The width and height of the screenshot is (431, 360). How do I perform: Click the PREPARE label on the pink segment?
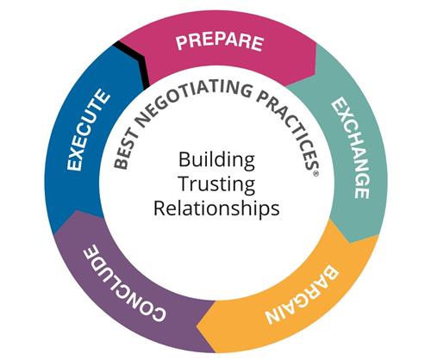coord(220,42)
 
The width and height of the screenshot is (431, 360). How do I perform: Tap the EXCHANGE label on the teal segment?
coord(351,148)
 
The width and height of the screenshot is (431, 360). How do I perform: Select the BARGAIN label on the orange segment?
coord(302,295)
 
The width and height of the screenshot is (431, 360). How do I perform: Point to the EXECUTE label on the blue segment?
coord(88,130)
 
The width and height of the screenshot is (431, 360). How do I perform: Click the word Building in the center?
coord(216,160)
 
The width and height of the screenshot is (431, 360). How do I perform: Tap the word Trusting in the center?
coord(217,184)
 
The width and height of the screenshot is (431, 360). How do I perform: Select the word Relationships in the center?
coord(216,208)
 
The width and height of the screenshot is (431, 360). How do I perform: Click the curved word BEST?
coord(124,151)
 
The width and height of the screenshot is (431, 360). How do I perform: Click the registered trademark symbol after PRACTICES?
coord(315,174)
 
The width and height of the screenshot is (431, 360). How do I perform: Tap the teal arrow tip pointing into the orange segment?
coord(351,242)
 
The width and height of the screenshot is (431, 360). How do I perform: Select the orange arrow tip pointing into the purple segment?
coord(197,326)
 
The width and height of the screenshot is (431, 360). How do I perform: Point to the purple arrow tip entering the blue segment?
coord(78,211)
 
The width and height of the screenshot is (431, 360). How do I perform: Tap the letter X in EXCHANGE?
coord(344,117)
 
